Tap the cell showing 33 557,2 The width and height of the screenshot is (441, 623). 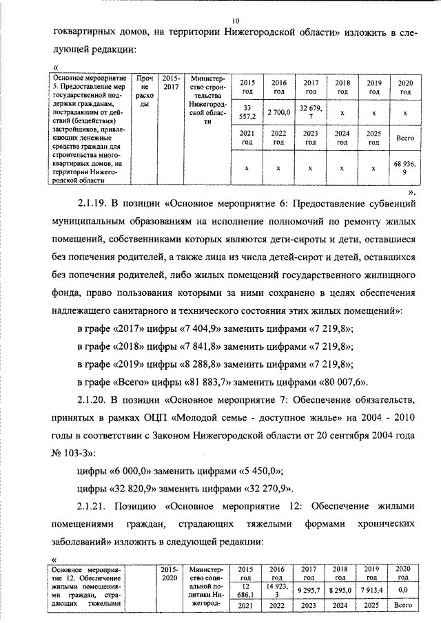[249, 111]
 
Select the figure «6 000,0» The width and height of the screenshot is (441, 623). [134, 472]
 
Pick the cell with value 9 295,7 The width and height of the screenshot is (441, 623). [311, 590]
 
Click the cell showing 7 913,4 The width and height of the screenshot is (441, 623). [373, 590]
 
